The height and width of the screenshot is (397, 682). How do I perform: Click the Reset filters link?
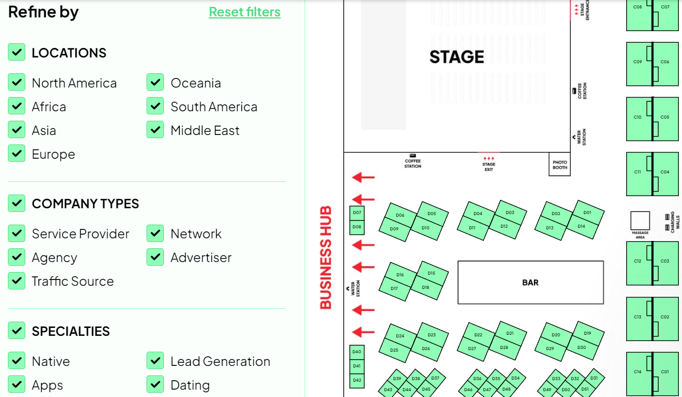tap(245, 12)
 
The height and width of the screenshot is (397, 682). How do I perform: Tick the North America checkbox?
tap(17, 82)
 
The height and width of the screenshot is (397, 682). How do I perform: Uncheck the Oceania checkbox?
tap(155, 82)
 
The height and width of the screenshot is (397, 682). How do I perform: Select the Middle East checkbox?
tap(155, 130)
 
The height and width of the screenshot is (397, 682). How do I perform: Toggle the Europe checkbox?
tap(17, 153)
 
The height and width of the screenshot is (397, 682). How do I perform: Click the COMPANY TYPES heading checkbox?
tap(17, 203)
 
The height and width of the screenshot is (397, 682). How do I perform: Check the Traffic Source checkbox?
tap(17, 280)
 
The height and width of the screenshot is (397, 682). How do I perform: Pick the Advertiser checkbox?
tap(155, 257)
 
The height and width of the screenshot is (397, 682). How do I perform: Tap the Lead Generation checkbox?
tap(155, 361)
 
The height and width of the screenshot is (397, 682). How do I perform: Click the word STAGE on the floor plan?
tap(456, 57)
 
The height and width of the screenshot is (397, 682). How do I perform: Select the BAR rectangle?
tap(530, 283)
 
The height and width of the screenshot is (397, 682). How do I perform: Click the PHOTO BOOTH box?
tap(560, 165)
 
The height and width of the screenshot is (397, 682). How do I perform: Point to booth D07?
tap(357, 213)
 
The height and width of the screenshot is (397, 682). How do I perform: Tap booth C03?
tap(665, 262)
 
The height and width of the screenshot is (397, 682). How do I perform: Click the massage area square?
tap(640, 220)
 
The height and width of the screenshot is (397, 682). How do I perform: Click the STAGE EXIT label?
tap(489, 167)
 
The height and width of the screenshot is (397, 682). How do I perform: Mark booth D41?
tap(357, 366)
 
